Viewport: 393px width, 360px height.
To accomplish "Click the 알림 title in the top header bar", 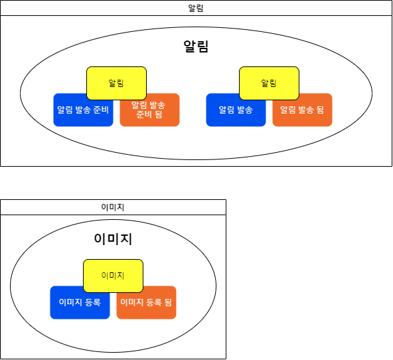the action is tap(195, 8).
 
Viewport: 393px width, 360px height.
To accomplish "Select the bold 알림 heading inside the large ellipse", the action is tap(196, 46).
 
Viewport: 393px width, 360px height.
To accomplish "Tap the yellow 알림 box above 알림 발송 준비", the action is tap(116, 83).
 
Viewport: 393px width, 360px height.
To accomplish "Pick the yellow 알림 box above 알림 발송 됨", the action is tap(269, 83).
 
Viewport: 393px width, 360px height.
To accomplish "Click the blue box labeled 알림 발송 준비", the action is tap(83, 110).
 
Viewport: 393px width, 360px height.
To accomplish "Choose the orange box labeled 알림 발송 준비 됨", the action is tap(149, 110).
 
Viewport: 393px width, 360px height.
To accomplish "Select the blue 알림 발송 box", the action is tap(236, 110).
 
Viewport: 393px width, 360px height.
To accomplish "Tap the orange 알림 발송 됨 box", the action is tap(302, 110).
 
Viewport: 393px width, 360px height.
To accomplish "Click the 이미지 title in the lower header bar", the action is tap(113, 207).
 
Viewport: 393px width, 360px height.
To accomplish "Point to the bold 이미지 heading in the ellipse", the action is tap(113, 238).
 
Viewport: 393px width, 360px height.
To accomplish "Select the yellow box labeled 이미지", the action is tap(113, 276).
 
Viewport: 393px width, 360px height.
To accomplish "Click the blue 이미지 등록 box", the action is tap(80, 302).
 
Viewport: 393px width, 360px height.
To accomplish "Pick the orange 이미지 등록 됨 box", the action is tap(146, 302).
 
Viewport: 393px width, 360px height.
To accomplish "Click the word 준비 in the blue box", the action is tap(101, 110).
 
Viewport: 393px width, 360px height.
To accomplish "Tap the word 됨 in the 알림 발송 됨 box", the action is tap(321, 110).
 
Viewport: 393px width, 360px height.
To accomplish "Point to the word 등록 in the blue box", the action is tap(93, 302).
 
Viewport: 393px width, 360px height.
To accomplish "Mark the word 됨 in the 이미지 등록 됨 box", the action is tap(168, 302).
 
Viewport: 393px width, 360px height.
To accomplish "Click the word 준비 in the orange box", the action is tap(144, 114).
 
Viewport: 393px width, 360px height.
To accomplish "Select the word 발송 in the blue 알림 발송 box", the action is tap(245, 110).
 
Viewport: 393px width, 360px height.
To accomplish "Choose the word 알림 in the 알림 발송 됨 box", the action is tap(287, 110).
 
